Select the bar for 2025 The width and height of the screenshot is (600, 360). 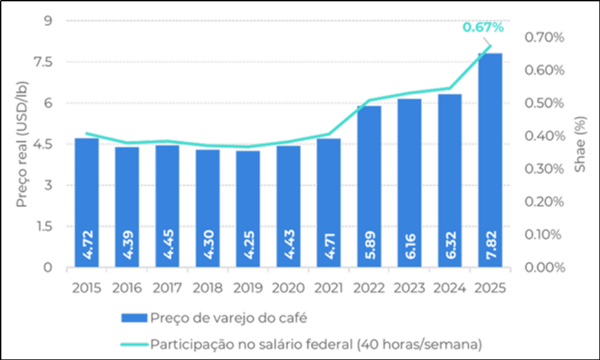(489, 160)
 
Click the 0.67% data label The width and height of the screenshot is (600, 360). (482, 28)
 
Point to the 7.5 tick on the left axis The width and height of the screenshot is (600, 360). (49, 62)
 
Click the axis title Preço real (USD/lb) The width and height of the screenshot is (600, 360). (22, 144)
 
